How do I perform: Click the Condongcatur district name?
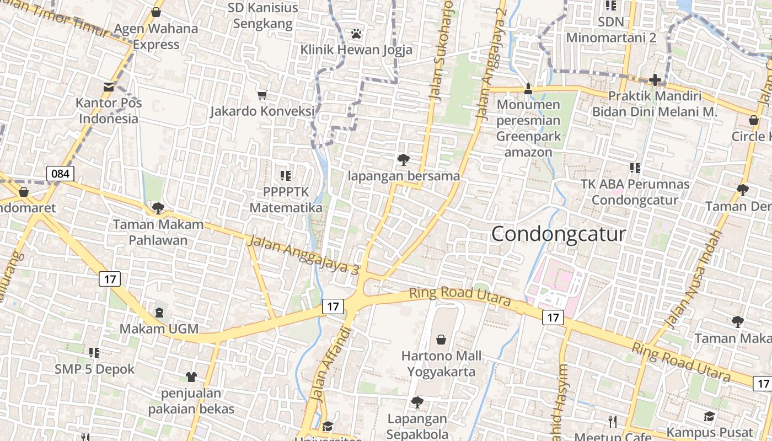pyautogui.click(x=559, y=234)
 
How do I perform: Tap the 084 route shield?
pyautogui.click(x=60, y=174)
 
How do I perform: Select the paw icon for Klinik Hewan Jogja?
pyautogui.click(x=356, y=34)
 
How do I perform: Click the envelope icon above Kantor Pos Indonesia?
pyautogui.click(x=109, y=87)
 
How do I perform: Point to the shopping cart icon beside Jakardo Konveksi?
pyautogui.click(x=262, y=95)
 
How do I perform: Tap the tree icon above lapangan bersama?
pyautogui.click(x=404, y=160)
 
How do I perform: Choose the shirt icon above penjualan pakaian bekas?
pyautogui.click(x=191, y=377)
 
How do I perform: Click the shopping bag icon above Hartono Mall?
pyautogui.click(x=441, y=339)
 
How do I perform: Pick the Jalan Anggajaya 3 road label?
pyautogui.click(x=303, y=255)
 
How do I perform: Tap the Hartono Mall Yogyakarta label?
pyautogui.click(x=441, y=364)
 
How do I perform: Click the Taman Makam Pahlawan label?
pyautogui.click(x=158, y=232)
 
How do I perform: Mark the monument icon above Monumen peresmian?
pyautogui.click(x=528, y=88)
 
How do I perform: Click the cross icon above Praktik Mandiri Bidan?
pyautogui.click(x=655, y=80)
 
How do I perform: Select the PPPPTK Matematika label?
pyautogui.click(x=286, y=200)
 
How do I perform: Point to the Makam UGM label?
pyautogui.click(x=159, y=329)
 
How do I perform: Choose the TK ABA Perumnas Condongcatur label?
pyautogui.click(x=635, y=192)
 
